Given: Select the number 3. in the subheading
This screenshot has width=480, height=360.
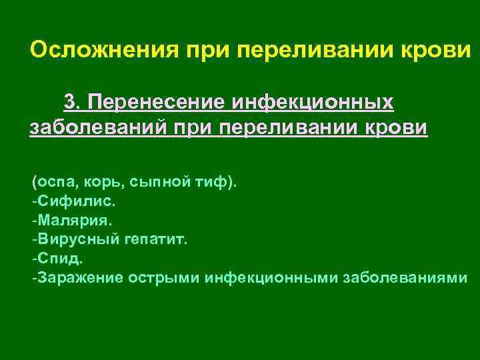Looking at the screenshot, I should (x=72, y=102).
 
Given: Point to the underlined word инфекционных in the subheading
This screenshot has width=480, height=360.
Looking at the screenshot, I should (x=312, y=102).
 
